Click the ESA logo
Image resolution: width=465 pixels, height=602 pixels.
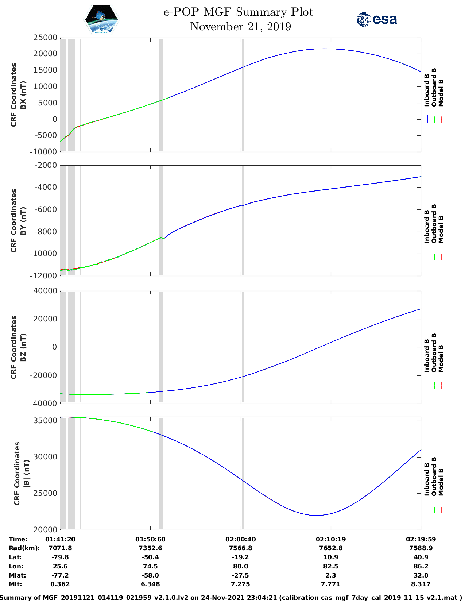coord(376,19)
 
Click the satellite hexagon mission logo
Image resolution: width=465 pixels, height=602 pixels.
coord(101,19)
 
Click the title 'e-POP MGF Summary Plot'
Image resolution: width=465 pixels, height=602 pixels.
coord(238,12)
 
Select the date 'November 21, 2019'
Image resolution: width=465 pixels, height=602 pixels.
coord(240,27)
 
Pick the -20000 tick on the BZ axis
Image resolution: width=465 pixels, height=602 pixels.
coord(44,375)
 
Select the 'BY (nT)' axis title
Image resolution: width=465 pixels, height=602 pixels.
coord(23,221)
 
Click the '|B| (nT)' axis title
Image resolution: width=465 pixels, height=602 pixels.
coord(26,474)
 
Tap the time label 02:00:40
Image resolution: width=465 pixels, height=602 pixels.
coord(240,539)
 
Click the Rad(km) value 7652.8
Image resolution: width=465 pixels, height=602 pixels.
coord(331,548)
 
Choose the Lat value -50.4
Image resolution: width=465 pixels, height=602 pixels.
coord(150,557)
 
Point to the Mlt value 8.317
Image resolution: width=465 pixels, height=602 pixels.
coord(421,584)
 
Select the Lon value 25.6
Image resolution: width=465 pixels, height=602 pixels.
coord(60,566)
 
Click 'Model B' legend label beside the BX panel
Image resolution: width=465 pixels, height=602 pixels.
coord(441,93)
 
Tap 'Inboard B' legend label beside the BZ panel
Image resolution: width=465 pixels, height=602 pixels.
coord(427,356)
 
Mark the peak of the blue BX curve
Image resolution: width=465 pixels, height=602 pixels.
coord(325,49)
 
